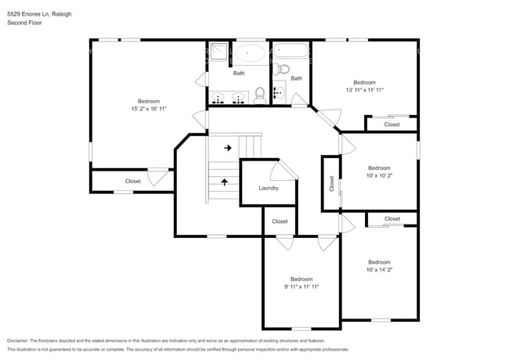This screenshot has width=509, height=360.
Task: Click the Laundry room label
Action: tap(269, 188)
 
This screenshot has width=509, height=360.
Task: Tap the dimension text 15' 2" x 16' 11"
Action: tap(149, 109)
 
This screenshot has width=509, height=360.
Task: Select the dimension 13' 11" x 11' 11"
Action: tap(364, 90)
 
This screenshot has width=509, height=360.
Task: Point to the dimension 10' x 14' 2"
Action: tap(379, 269)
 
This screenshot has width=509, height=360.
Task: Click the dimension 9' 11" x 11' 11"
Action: tap(301, 286)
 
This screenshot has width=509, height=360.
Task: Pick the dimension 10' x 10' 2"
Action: tap(379, 175)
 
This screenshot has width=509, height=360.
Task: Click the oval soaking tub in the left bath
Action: tap(251, 54)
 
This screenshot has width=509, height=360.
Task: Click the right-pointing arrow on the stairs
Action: tap(228, 147)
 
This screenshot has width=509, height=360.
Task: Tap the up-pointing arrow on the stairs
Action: tap(226, 182)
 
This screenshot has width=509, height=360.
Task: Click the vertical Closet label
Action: tap(331, 183)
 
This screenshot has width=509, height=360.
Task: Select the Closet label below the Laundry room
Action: tap(280, 221)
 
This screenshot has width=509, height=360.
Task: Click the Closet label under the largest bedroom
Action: tap(133, 181)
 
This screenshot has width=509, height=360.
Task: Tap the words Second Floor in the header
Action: tap(24, 23)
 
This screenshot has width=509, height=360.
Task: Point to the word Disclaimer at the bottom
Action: tap(17, 341)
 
